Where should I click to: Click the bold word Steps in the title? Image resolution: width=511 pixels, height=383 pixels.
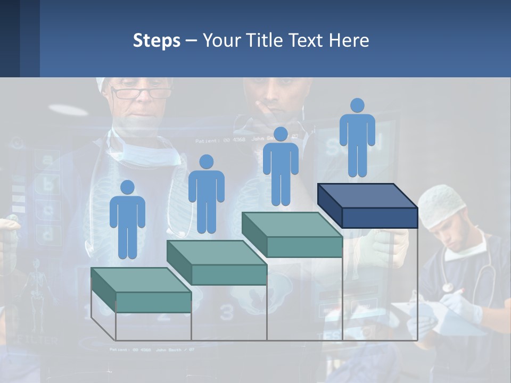[x=156, y=40]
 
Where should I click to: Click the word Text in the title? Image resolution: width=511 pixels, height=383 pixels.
[x=309, y=40]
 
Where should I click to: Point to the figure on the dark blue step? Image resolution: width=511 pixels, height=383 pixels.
[x=357, y=137]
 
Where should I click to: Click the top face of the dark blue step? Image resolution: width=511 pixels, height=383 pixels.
[x=367, y=196]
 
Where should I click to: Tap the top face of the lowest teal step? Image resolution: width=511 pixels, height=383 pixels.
[x=141, y=280]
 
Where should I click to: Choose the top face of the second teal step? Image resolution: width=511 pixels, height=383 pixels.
[x=217, y=253]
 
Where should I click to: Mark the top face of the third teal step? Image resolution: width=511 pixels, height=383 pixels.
[x=292, y=224]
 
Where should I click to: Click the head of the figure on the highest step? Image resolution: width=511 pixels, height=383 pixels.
[x=357, y=105]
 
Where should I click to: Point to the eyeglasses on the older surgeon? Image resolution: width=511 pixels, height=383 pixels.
[x=141, y=94]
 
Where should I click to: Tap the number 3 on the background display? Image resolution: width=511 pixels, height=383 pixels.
[x=227, y=313]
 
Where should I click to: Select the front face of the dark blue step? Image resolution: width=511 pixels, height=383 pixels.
[x=380, y=218]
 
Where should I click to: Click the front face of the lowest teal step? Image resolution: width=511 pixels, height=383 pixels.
[x=153, y=302]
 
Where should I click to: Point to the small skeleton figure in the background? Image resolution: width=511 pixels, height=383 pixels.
[x=36, y=290]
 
